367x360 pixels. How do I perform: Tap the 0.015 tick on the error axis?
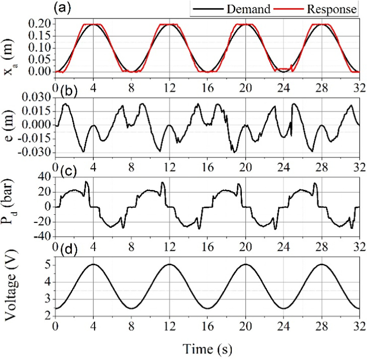[x=37, y=111]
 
